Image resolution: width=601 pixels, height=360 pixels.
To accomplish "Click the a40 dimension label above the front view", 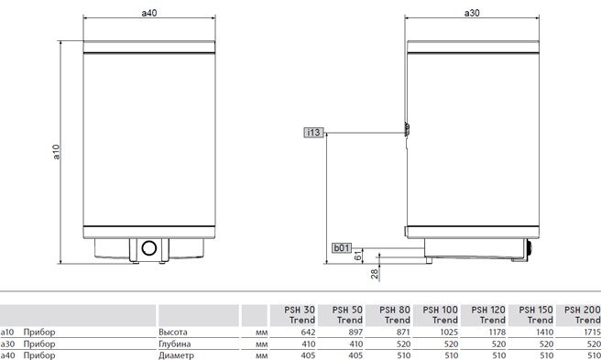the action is (x=149, y=13).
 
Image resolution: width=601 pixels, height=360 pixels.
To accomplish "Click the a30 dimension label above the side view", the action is (x=472, y=13).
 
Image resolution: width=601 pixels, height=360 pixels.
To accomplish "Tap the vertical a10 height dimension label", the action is (x=57, y=152).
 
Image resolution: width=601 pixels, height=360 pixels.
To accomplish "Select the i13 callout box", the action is (x=313, y=133).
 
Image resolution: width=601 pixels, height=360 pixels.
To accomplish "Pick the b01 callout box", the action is (x=342, y=248).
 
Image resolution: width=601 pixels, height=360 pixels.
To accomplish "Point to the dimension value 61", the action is (x=357, y=256).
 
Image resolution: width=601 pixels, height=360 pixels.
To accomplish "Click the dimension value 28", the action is (x=374, y=274).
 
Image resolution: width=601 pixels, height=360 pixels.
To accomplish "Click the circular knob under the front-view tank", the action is (x=149, y=248).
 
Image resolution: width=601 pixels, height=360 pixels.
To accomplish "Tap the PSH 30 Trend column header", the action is (x=300, y=315).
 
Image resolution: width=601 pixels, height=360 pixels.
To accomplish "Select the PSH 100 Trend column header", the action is (x=440, y=315).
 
